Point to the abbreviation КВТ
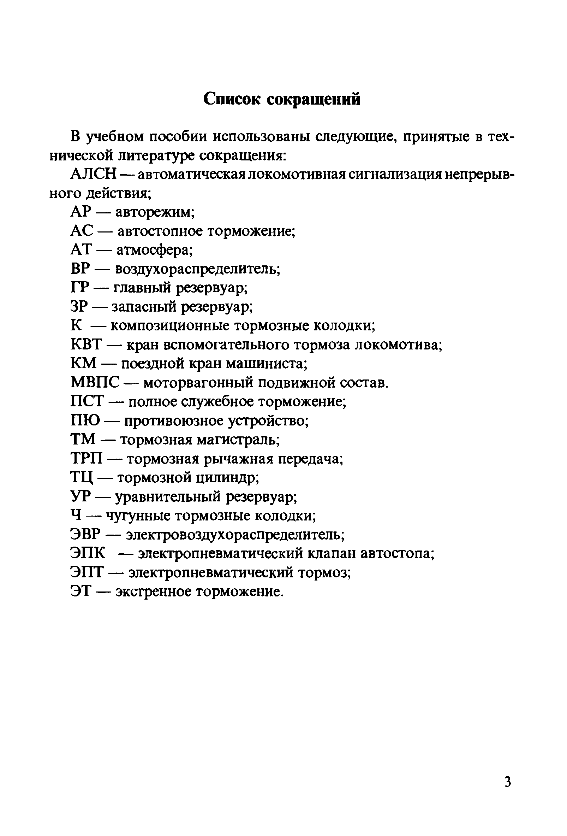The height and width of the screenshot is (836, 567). [86, 345]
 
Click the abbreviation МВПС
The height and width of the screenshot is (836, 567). [95, 383]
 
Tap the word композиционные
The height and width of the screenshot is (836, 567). [170, 326]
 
